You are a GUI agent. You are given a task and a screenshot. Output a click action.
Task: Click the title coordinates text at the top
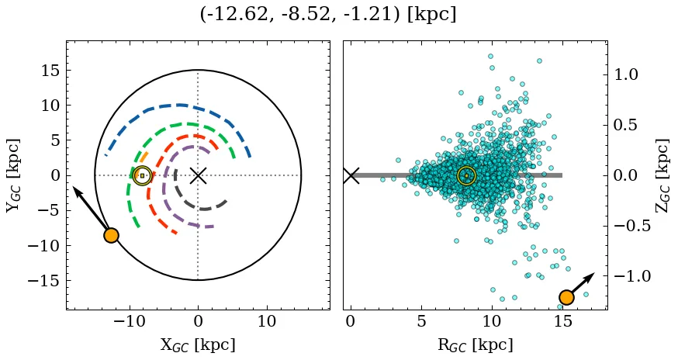tap(338, 15)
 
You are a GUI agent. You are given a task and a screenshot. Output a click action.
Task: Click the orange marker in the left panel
tap(111, 235)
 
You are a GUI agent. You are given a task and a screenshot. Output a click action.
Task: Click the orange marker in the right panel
tap(566, 297)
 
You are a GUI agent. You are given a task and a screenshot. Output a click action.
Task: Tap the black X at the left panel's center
tap(198, 175)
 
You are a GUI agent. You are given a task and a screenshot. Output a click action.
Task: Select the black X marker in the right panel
tap(351, 175)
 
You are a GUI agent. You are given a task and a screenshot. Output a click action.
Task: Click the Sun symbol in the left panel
tap(142, 175)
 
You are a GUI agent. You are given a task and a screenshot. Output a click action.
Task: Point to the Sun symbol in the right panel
tap(466, 175)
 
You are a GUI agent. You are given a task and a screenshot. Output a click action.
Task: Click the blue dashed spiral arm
tap(178, 105)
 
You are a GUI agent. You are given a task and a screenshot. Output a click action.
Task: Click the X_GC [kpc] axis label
tap(197, 344)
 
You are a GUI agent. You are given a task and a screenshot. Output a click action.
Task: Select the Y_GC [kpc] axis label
tap(12, 175)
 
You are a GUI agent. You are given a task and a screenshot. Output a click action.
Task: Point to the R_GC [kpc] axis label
tap(475, 344)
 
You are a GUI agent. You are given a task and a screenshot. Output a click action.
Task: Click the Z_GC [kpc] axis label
tap(662, 175)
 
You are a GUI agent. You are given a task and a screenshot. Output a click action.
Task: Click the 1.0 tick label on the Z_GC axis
tap(627, 74)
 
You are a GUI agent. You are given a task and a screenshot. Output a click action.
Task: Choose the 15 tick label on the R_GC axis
tap(562, 320)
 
